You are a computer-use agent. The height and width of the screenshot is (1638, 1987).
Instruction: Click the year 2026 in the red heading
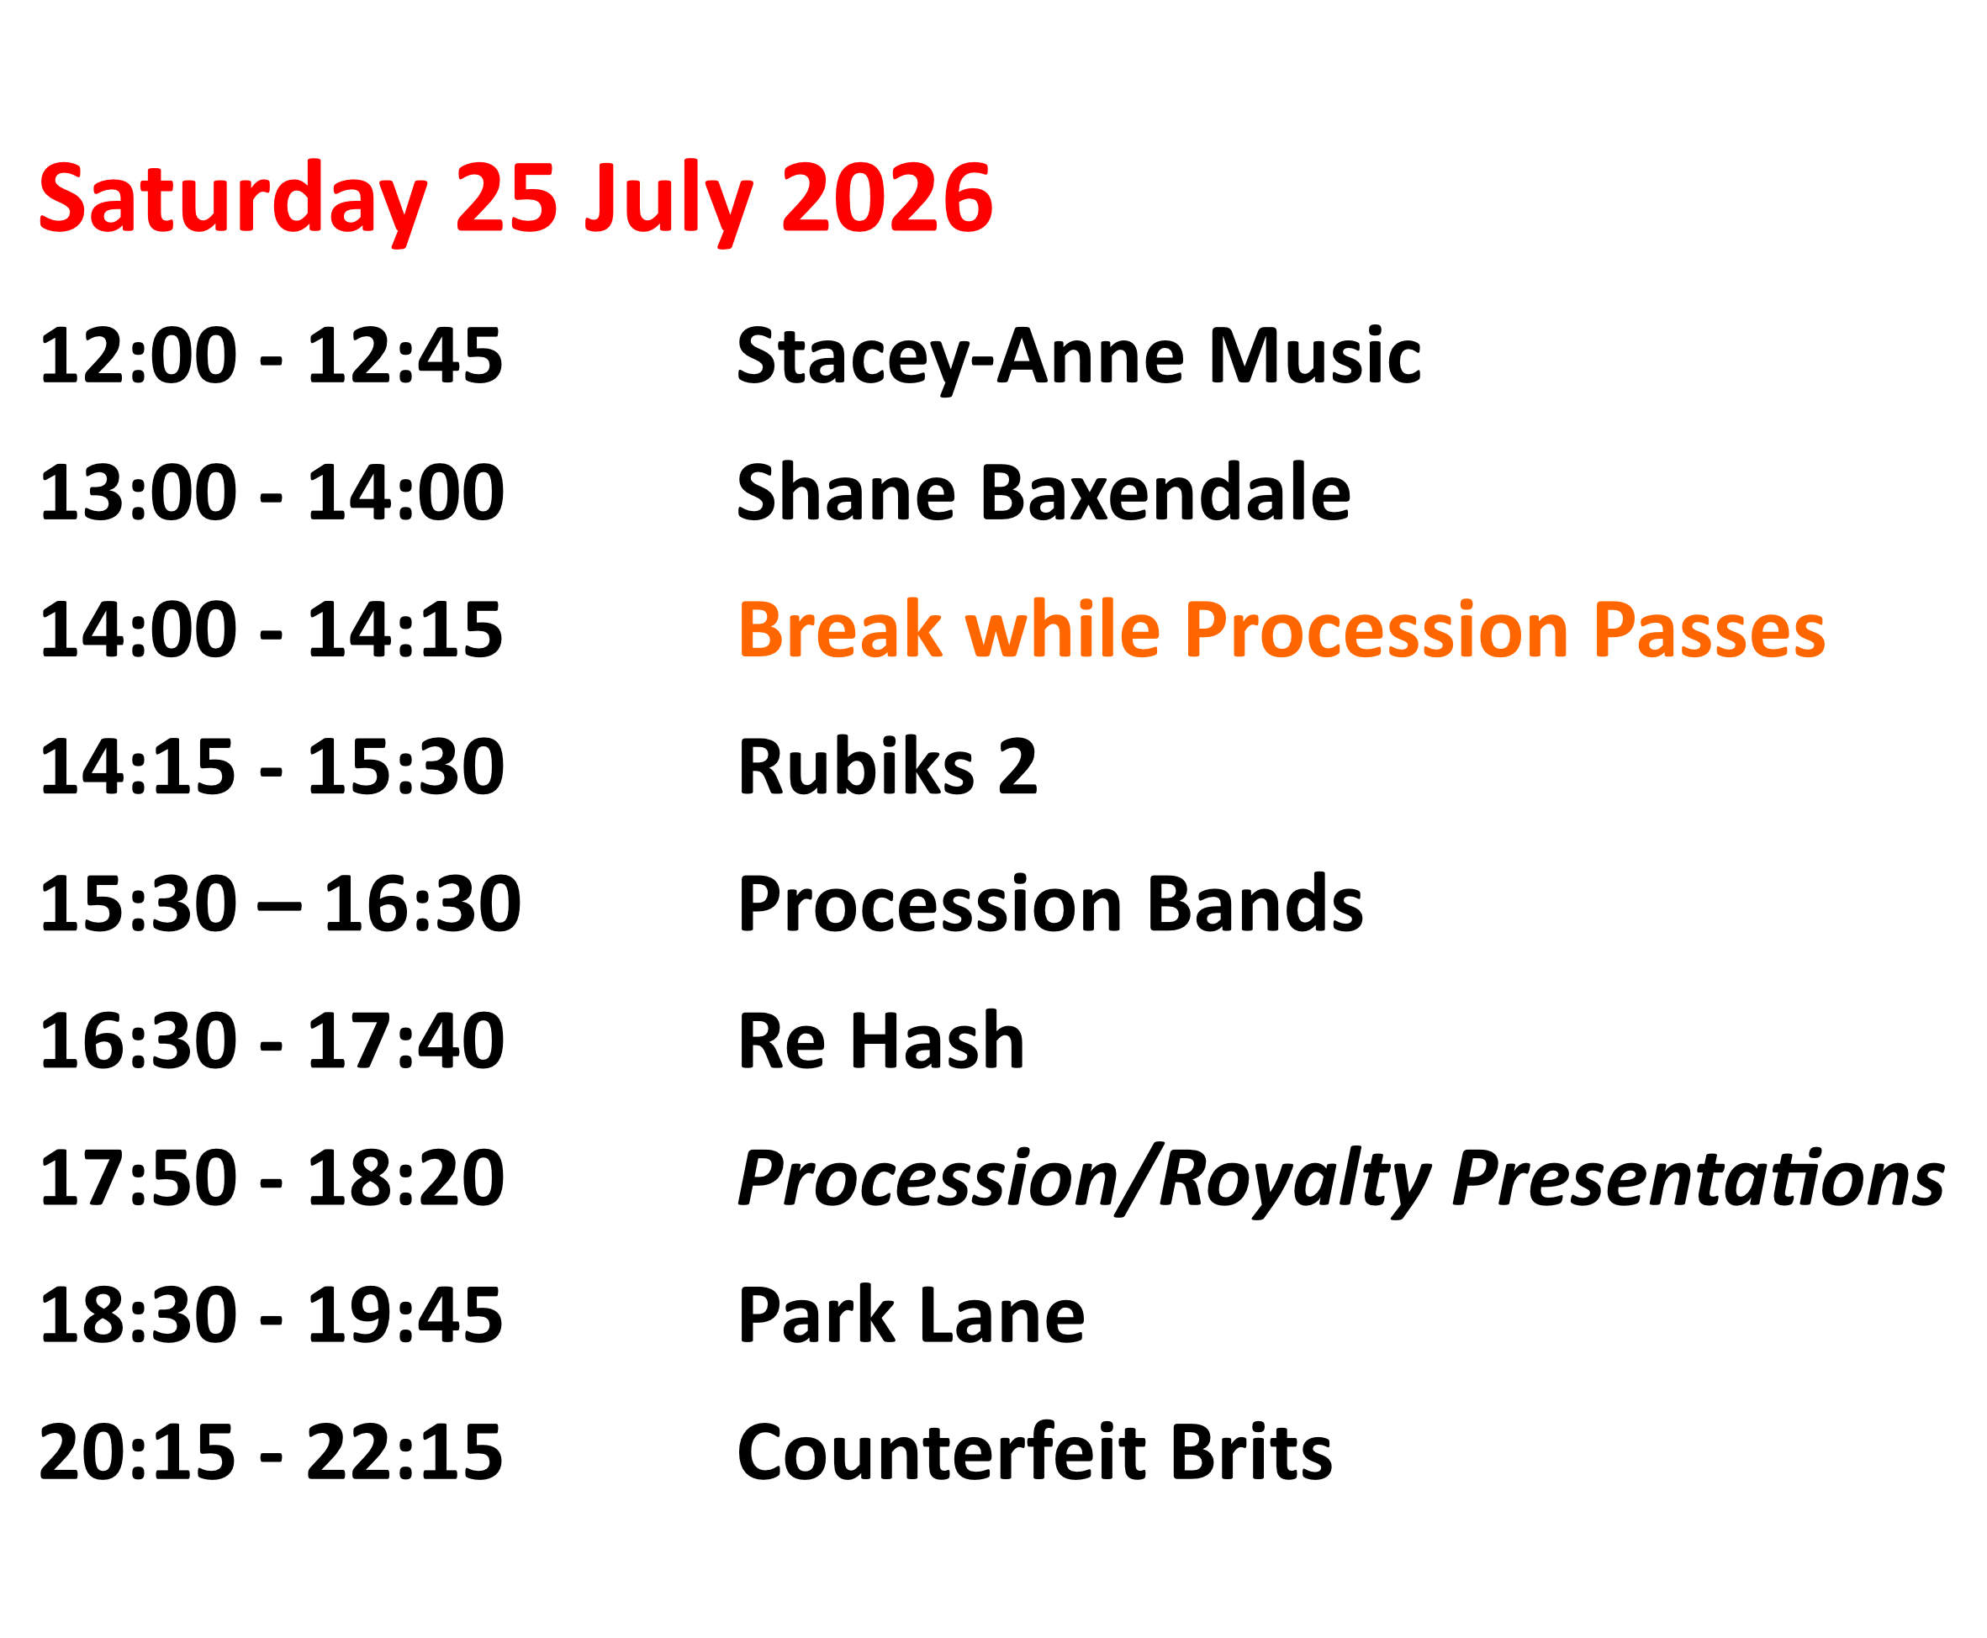[886, 198]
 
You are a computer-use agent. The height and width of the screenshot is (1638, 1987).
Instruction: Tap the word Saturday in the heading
[232, 200]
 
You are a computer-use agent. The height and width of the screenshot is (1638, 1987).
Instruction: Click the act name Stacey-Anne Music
[1078, 359]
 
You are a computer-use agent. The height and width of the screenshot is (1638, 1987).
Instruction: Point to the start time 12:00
[138, 356]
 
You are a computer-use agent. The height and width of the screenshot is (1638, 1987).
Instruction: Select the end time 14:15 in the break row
[405, 629]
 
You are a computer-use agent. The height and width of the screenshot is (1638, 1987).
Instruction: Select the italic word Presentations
[1698, 1178]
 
